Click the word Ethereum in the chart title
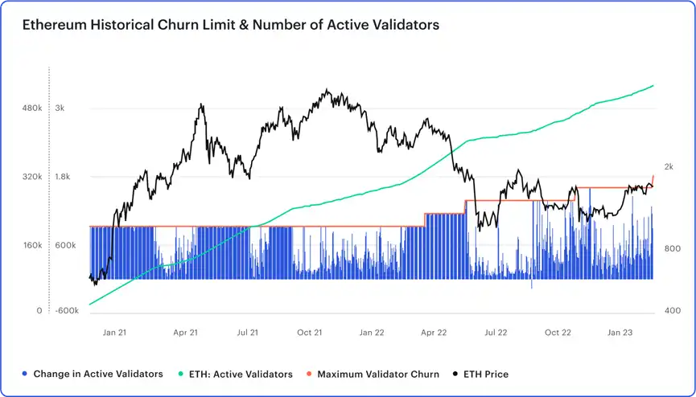[55, 25]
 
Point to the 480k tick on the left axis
[31, 108]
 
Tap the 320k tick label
[31, 177]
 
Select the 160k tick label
[31, 245]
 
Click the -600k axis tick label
[66, 311]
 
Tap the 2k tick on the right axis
[669, 167]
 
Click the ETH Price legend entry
[484, 374]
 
